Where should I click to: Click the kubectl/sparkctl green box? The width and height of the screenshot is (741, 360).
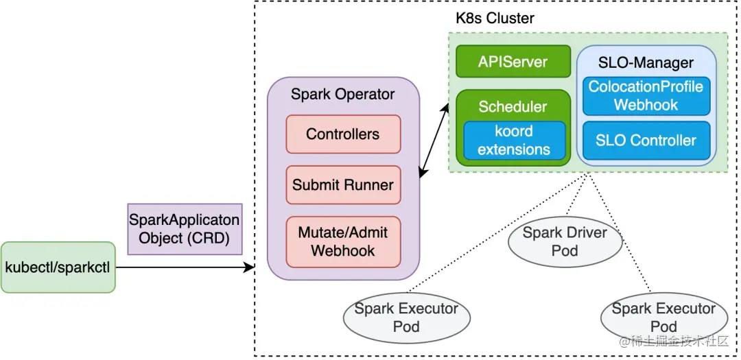tap(58, 267)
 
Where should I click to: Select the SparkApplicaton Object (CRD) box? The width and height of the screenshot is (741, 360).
tap(185, 229)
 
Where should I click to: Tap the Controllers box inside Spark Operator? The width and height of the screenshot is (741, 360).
tap(343, 134)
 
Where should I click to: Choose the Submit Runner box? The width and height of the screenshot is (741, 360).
tap(343, 184)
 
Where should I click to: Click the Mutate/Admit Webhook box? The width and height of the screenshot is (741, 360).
tap(343, 241)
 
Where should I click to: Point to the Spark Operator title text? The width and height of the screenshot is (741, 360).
tap(343, 95)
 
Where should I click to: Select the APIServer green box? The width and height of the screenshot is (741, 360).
tap(513, 62)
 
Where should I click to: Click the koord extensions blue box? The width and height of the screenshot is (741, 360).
tap(514, 141)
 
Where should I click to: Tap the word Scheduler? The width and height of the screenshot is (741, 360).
tap(513, 107)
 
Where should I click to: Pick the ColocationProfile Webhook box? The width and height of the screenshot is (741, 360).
tap(646, 96)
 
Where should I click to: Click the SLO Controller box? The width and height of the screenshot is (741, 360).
tap(646, 141)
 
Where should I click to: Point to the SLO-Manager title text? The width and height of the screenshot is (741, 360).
tap(646, 63)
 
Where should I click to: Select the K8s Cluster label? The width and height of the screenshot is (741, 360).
tap(495, 19)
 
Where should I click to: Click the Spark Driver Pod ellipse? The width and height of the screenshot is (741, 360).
tap(565, 241)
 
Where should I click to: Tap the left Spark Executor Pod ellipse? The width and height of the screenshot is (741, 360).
tap(406, 317)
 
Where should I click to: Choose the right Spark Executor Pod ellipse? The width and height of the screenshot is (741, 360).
tap(663, 317)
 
